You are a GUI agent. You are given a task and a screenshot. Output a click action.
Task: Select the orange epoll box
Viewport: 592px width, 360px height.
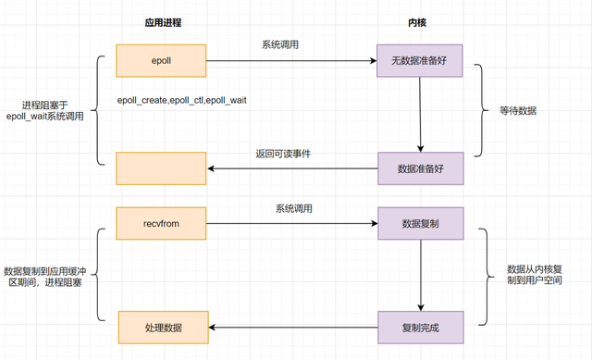tap(161, 61)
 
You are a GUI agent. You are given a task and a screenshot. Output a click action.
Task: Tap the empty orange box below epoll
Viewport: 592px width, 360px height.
tap(161, 168)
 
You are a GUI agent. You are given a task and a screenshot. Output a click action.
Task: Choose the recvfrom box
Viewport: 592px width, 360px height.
tap(161, 224)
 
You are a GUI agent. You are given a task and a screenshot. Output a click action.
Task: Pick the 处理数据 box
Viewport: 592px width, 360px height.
tap(164, 328)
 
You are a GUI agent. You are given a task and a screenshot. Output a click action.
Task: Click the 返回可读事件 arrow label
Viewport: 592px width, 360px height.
tap(283, 153)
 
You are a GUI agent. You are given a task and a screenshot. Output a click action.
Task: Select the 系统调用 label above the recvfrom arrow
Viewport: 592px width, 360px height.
tap(293, 208)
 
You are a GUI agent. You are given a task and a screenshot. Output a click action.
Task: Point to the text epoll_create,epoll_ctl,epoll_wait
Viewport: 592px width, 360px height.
tap(181, 99)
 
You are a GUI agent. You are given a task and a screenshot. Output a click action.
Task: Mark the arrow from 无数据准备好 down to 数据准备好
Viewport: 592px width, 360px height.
tap(421, 115)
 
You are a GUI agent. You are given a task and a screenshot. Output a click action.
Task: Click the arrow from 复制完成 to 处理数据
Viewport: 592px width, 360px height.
tap(292, 328)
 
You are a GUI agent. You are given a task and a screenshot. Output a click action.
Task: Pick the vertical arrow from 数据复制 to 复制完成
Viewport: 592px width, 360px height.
tap(422, 276)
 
